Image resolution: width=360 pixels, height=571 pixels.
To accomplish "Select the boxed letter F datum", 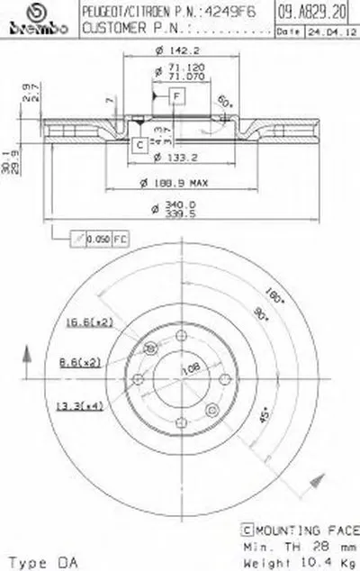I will pyautogui.click(x=176, y=95).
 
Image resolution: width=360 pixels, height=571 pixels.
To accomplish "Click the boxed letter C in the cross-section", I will pyautogui.click(x=140, y=144).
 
